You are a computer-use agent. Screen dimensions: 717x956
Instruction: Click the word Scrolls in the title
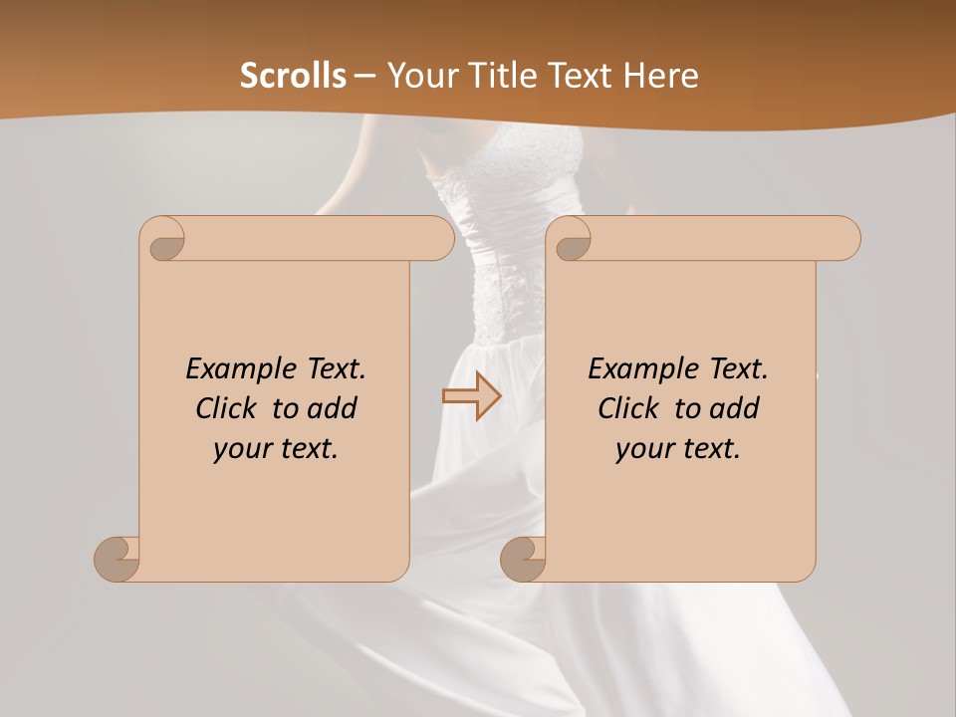[x=293, y=76]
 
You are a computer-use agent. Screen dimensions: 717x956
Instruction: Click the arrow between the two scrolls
[x=471, y=397]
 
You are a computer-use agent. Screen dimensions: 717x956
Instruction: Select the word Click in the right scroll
[x=627, y=408]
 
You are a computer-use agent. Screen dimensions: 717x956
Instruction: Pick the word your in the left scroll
[x=238, y=449]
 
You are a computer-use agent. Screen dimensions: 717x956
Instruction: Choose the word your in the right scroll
[x=640, y=449]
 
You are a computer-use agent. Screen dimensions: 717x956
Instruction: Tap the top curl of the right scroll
[x=571, y=240]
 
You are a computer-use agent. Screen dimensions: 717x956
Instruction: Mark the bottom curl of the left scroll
[x=117, y=558]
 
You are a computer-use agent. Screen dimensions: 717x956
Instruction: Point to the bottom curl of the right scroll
[x=522, y=558]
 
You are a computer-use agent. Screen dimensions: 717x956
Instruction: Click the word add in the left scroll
[x=333, y=408]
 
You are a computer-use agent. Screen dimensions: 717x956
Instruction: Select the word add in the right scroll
[x=735, y=408]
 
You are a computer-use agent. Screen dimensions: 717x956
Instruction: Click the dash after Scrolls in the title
[x=364, y=76]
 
